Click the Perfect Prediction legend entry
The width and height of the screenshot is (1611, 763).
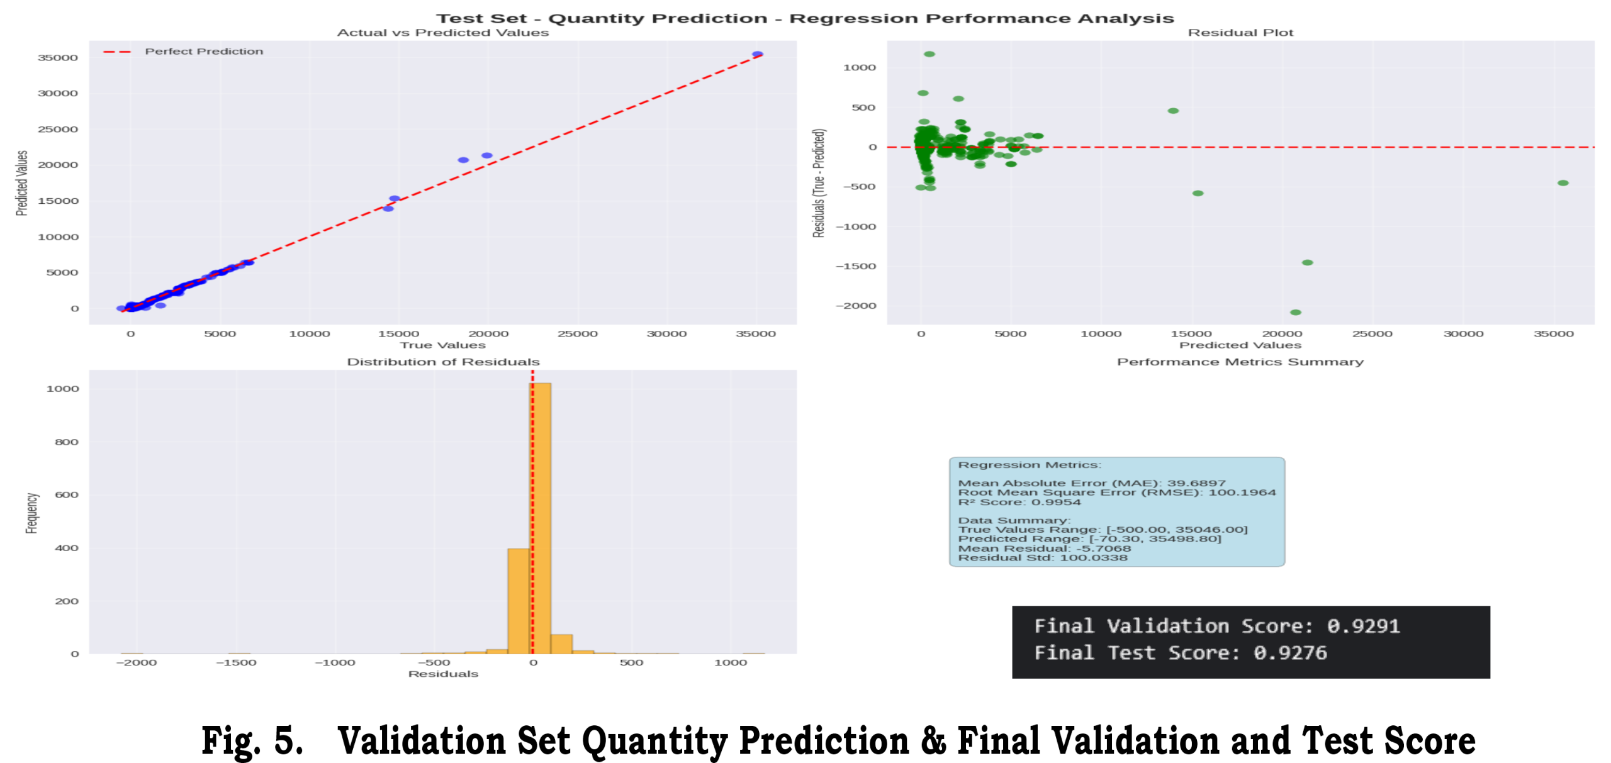point(203,52)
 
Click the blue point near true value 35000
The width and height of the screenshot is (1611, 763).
point(758,55)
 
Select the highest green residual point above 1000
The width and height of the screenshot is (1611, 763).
point(929,54)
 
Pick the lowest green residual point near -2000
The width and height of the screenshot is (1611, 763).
point(1296,313)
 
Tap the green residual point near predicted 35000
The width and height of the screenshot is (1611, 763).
point(1563,183)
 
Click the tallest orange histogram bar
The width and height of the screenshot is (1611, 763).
point(541,516)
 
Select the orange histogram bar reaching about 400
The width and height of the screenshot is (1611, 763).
point(519,601)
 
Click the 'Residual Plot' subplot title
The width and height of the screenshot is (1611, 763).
point(1240,33)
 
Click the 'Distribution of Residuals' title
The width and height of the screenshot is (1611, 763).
point(443,362)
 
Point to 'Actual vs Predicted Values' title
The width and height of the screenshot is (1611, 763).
point(442,33)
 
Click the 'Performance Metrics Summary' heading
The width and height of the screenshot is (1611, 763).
point(1240,362)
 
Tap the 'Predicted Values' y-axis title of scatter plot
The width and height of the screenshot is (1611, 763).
point(22,183)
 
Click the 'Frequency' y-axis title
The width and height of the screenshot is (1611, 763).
point(31,513)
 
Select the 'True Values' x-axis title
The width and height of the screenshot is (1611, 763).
point(442,345)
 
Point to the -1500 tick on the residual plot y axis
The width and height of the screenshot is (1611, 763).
point(855,267)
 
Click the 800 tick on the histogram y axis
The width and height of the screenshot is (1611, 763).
point(66,442)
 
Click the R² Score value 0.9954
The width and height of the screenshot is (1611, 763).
point(1055,502)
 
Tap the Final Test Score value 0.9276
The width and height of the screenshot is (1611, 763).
point(1289,653)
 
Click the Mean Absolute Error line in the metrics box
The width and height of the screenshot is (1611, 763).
point(1091,483)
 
